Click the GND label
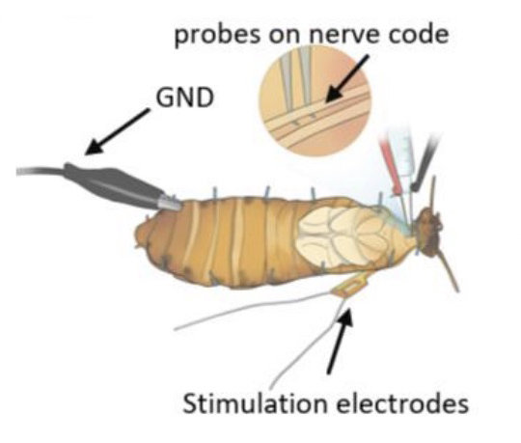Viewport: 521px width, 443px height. (184, 97)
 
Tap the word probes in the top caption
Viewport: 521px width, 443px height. (218, 35)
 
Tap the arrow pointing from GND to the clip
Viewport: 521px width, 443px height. (118, 131)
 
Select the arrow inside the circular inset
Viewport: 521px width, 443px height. (346, 78)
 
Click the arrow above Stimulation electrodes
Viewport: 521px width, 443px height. (340, 341)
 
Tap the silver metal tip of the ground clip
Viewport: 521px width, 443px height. (170, 203)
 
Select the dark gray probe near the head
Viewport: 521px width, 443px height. (425, 163)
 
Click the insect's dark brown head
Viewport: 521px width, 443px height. (429, 233)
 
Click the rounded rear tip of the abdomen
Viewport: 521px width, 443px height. (142, 233)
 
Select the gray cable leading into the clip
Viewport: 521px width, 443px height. (40, 171)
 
